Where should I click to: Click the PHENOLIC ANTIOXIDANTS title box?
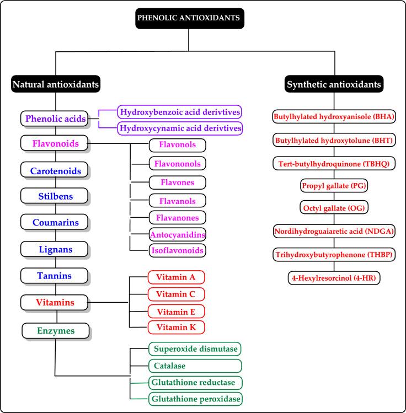[189, 17]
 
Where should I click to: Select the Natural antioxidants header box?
[55, 84]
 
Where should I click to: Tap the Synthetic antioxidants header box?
[334, 84]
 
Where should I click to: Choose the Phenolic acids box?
[53, 119]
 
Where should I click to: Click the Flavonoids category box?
[53, 144]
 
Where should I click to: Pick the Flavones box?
[177, 182]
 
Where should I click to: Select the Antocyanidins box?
[177, 234]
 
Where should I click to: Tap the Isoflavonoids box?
[177, 250]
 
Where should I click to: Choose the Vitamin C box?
[176, 294]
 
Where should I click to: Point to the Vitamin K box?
[176, 327]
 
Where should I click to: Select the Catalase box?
[195, 366]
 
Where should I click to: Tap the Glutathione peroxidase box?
[195, 398]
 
